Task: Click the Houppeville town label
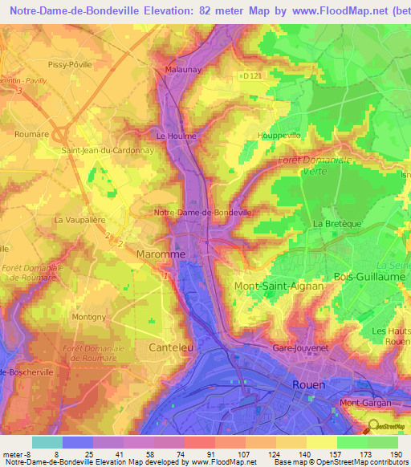pyautogui.click(x=276, y=136)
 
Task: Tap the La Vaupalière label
pyautogui.click(x=79, y=219)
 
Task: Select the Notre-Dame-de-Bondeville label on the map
pyautogui.click(x=202, y=212)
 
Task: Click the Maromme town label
pyautogui.click(x=160, y=254)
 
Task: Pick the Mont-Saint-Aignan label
pyautogui.click(x=279, y=286)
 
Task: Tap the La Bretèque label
pyautogui.click(x=333, y=223)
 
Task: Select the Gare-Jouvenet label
pyautogui.click(x=302, y=349)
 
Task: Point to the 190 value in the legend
pyautogui.click(x=397, y=453)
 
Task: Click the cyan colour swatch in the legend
pyautogui.click(x=47, y=441)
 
